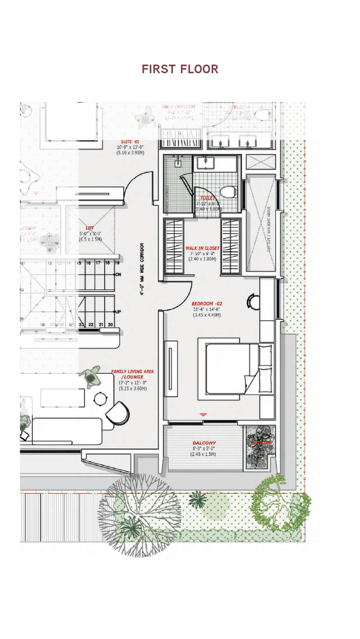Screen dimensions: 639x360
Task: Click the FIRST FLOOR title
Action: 180,69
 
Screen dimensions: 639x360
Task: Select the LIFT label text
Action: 90,228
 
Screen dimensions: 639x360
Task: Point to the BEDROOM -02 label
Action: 207,304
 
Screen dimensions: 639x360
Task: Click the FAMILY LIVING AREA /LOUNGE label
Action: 132,374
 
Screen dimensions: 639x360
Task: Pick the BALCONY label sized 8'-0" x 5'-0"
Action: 204,443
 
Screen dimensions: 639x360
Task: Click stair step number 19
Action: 117,263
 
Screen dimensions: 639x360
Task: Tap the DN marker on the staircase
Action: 118,275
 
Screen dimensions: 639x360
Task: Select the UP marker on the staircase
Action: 118,312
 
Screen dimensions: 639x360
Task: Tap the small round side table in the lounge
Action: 100,399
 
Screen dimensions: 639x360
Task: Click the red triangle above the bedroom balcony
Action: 203,414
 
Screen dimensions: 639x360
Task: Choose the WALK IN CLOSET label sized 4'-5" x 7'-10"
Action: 179,107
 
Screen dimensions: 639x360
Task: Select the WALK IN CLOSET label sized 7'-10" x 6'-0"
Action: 202,248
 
